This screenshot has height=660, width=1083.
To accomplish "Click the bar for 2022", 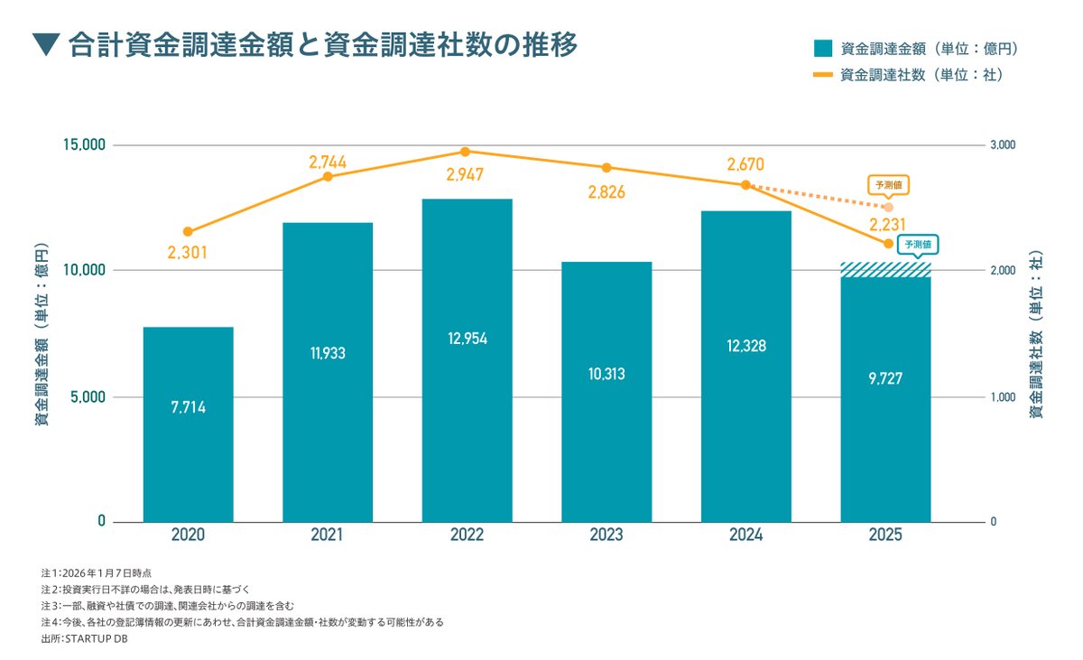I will coord(467,360).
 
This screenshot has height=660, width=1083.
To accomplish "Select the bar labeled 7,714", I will coord(188,424).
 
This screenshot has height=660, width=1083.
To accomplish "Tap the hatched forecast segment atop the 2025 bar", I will coord(885,270).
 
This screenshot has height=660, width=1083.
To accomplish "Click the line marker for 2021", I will coord(328,176).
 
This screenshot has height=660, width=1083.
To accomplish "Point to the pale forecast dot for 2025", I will coord(888,208).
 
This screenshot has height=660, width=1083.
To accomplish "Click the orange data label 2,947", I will coord(467,173).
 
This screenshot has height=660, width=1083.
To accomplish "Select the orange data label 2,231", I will coord(888,225).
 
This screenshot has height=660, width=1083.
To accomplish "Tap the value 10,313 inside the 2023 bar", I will coord(606,374).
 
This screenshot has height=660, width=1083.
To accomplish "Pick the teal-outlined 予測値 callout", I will coord(919,245).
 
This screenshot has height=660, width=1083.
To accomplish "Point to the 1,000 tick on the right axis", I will coord(1003,397).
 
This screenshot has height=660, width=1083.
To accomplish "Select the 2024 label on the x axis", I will coord(745,535).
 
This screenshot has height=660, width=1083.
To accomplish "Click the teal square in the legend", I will coord(822,48).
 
